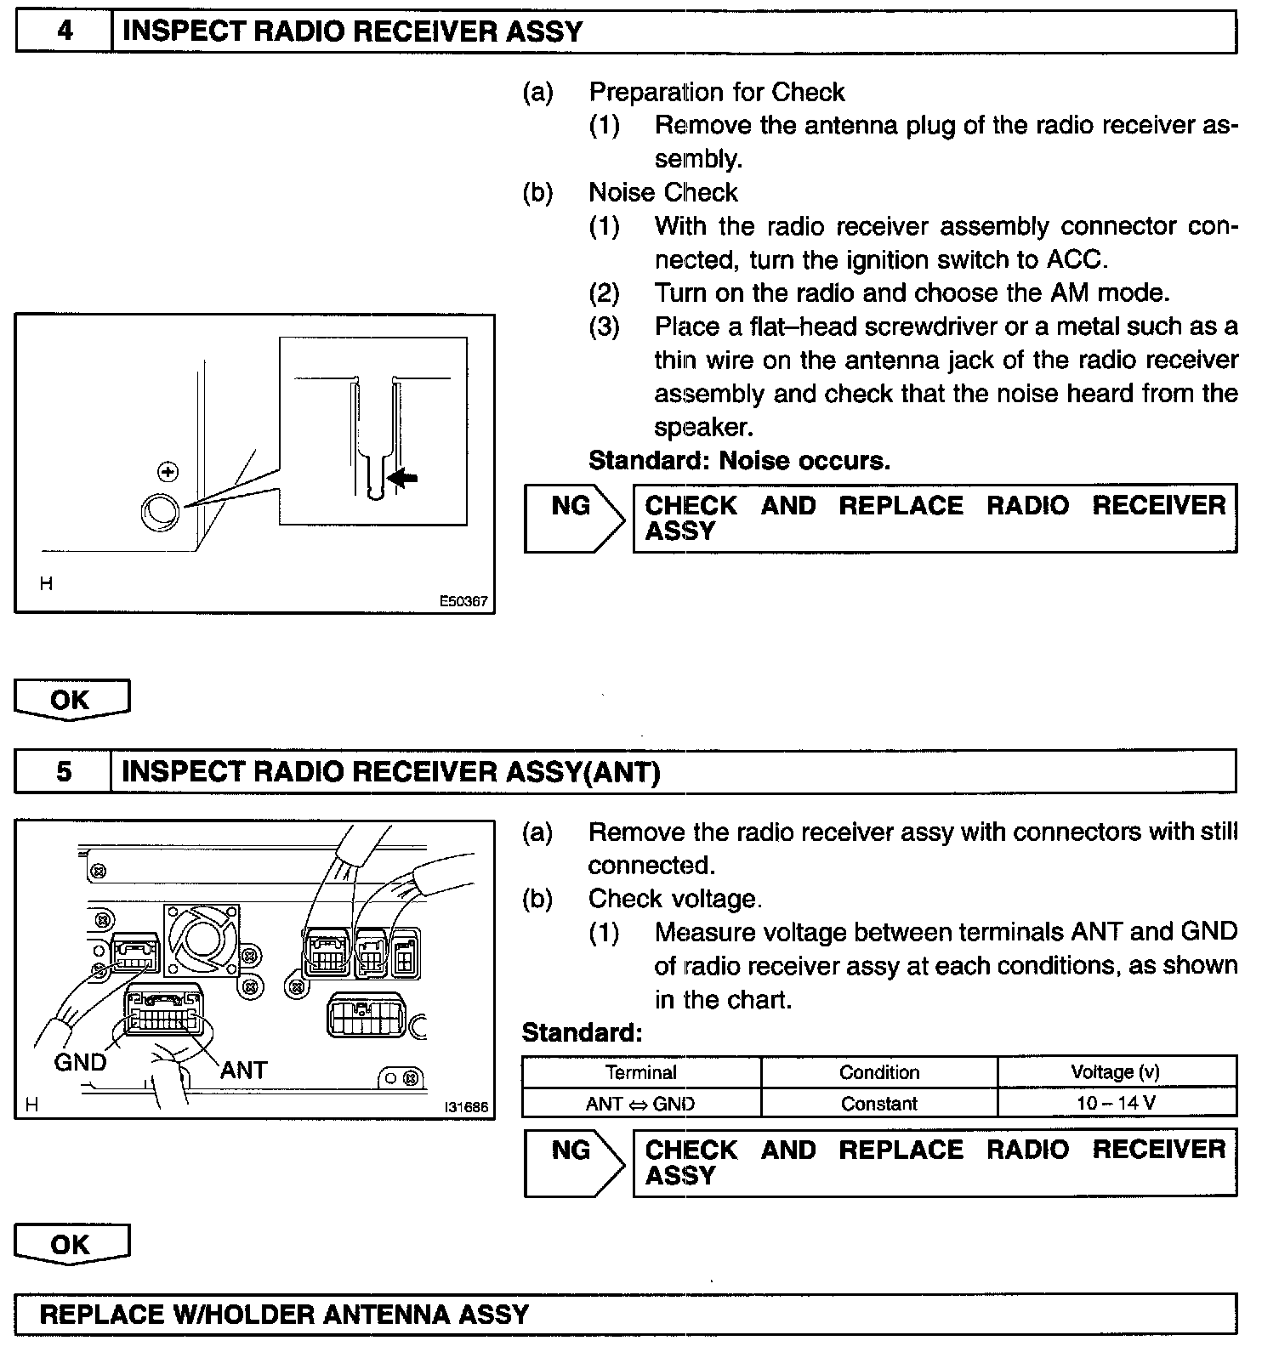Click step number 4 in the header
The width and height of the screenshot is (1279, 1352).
(x=65, y=31)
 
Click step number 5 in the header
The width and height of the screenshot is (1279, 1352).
(x=64, y=771)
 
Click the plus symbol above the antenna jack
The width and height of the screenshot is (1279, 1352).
(x=168, y=472)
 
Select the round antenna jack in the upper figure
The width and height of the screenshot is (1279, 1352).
(x=159, y=512)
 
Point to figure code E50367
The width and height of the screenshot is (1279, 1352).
(x=463, y=601)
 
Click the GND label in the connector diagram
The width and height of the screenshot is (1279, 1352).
(x=80, y=1062)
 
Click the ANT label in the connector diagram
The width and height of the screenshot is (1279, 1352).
(x=243, y=1070)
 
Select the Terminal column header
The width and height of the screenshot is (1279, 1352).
(x=641, y=1072)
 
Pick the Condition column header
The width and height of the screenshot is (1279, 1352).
(x=878, y=1072)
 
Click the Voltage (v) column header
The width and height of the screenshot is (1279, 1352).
(x=1115, y=1072)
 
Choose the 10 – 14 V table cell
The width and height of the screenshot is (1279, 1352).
(x=1115, y=1104)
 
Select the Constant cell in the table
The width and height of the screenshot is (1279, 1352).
(x=878, y=1104)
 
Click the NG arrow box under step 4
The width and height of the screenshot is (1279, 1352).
(x=571, y=517)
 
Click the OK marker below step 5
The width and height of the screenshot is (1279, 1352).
(x=71, y=1245)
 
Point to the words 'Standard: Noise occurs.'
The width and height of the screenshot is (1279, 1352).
(x=739, y=461)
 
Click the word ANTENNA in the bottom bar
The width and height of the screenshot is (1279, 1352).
(x=387, y=1315)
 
